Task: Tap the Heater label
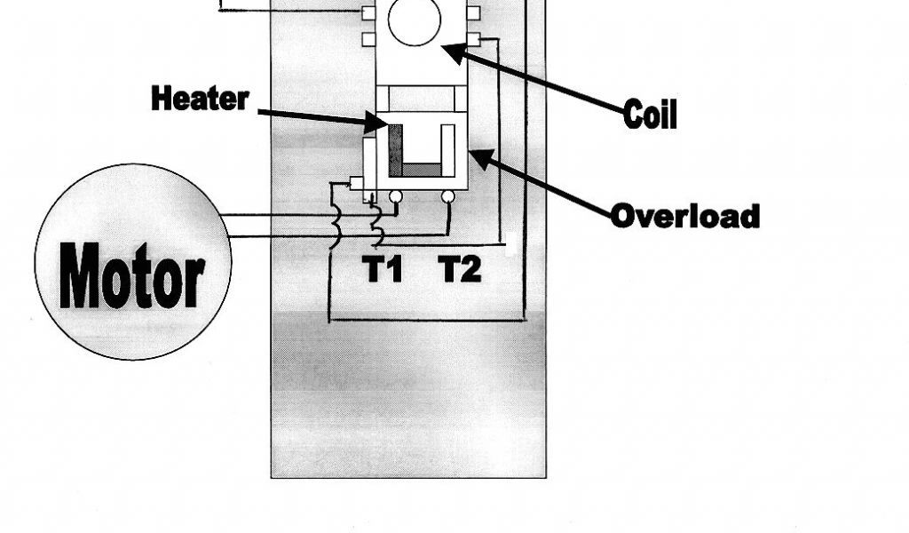coord(200,98)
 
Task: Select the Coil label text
coord(650,114)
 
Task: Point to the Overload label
coord(684,216)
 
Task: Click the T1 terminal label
coord(383,267)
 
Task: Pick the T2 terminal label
coord(461,267)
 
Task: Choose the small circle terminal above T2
coord(450,195)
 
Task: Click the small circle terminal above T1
coord(396,195)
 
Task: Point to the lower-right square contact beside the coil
coord(474,40)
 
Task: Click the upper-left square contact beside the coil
coord(368,12)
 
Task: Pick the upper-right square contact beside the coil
coord(474,12)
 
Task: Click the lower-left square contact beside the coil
coord(368,40)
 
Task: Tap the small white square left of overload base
coord(357,183)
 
